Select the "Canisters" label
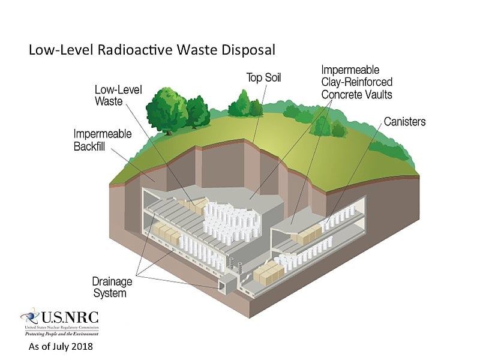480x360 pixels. pos(405,122)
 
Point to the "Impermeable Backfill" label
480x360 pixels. pos(103,140)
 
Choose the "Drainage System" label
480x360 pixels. pos(109,287)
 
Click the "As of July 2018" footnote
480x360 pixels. pos(61,347)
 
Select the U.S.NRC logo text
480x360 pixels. pos(68,317)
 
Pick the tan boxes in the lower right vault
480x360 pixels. pos(268,273)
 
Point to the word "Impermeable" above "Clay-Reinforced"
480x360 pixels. pos(350,70)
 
